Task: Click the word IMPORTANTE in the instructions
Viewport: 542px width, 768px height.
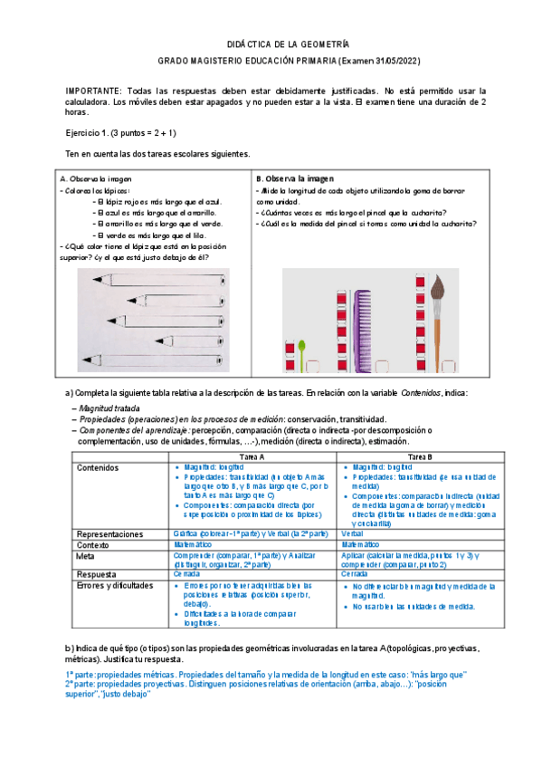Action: tap(93, 91)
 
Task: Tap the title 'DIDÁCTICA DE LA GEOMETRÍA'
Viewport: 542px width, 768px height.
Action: tap(287, 43)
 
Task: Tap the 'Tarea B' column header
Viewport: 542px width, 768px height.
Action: tap(419, 456)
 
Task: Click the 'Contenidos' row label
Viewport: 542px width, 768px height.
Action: tap(97, 468)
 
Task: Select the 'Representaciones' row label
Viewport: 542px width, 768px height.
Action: tap(110, 534)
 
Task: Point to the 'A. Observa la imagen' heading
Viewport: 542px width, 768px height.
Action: tap(95, 179)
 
